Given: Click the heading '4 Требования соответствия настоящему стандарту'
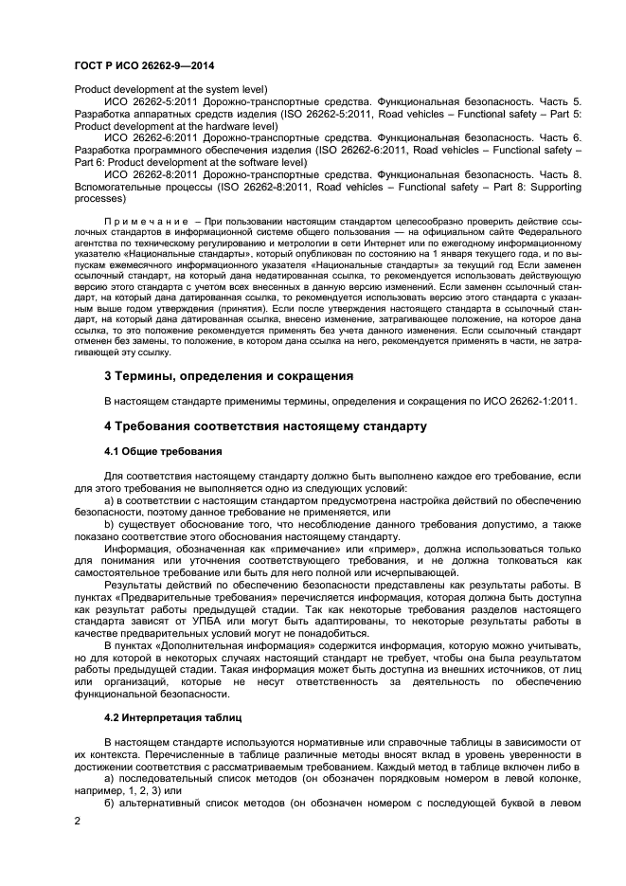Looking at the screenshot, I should point(264,426).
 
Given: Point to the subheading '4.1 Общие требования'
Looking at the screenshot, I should point(163,451).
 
